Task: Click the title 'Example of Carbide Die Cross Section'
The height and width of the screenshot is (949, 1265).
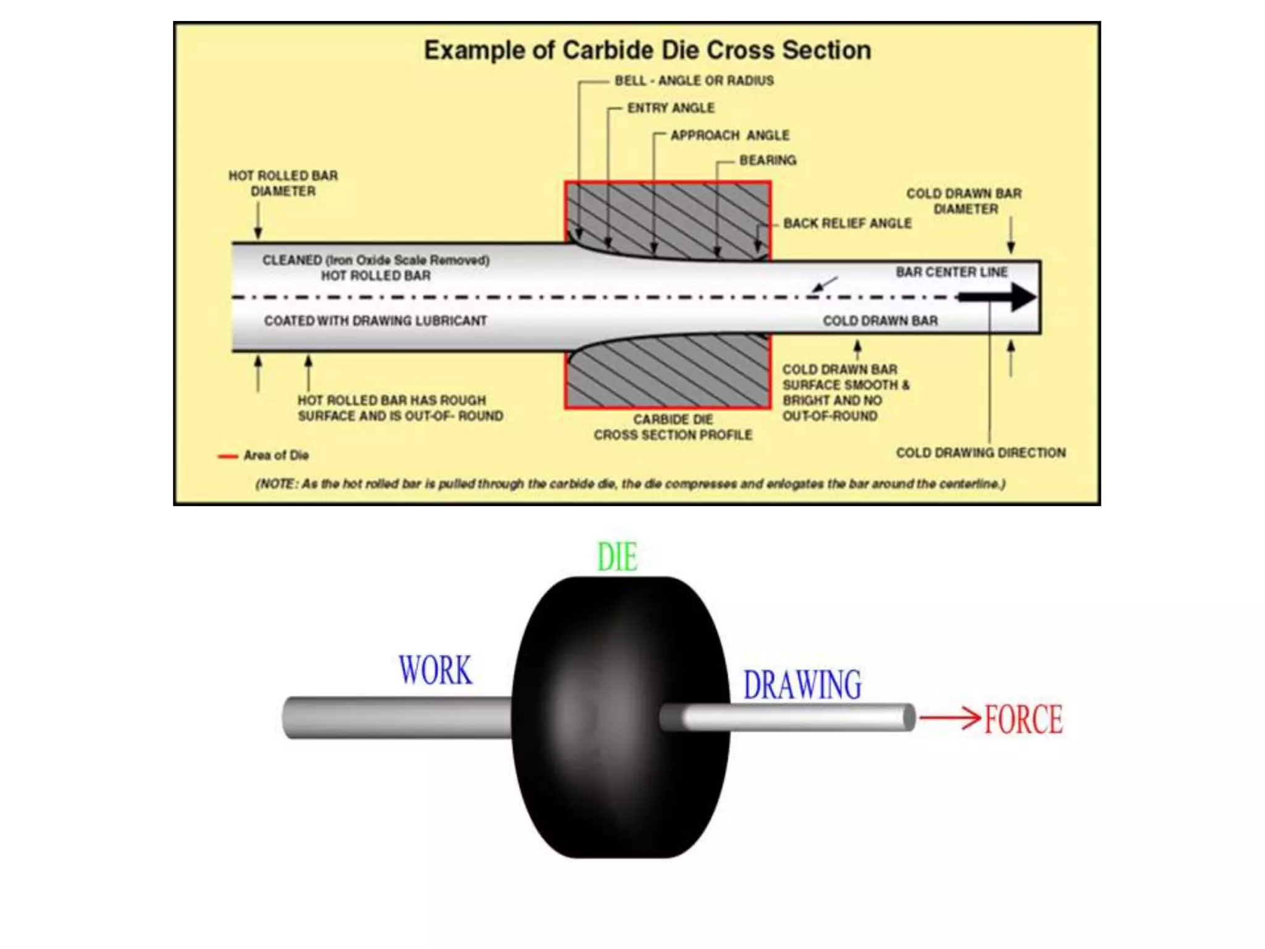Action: pyautogui.click(x=647, y=51)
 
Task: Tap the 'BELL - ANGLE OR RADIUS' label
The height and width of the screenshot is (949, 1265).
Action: pyautogui.click(x=694, y=81)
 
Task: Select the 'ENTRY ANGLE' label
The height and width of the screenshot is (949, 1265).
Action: pyautogui.click(x=671, y=108)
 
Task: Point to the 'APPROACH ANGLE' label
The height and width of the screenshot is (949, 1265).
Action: pyautogui.click(x=729, y=135)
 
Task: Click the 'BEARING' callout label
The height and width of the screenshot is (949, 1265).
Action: pyautogui.click(x=768, y=161)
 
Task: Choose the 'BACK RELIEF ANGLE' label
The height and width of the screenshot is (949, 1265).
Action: pyautogui.click(x=847, y=223)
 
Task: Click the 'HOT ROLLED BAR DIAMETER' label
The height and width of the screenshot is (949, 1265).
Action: pyautogui.click(x=283, y=183)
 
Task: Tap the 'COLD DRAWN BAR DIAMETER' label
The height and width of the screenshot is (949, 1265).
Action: pyautogui.click(x=964, y=201)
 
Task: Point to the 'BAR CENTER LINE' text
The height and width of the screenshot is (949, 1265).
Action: pyautogui.click(x=951, y=272)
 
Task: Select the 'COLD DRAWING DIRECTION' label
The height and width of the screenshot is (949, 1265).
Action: pyautogui.click(x=981, y=453)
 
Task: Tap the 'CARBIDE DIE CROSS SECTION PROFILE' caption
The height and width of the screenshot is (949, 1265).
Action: pyautogui.click(x=673, y=428)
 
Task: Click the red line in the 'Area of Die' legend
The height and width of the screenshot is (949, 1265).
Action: pyautogui.click(x=227, y=457)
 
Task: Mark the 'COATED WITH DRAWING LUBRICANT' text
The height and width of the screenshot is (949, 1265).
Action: pyautogui.click(x=376, y=321)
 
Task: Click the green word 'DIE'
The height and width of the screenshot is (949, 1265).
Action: pyautogui.click(x=617, y=557)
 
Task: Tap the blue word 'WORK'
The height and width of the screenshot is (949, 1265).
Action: pyautogui.click(x=435, y=670)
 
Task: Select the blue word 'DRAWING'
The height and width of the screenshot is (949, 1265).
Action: pyautogui.click(x=802, y=685)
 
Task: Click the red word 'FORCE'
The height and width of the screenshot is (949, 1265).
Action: pyautogui.click(x=1023, y=720)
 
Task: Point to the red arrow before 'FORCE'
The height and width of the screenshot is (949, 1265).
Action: pyautogui.click(x=949, y=719)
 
